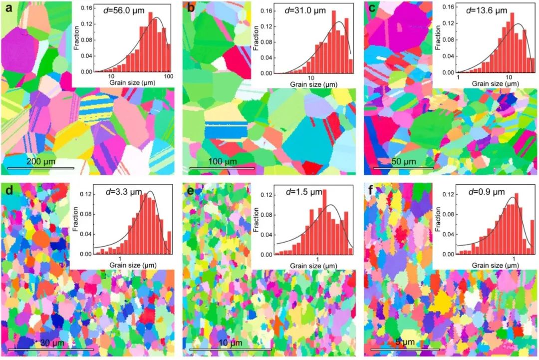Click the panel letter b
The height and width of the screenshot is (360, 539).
point(190,8)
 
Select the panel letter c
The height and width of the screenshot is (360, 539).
point(371,8)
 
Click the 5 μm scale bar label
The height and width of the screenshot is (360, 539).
point(405,344)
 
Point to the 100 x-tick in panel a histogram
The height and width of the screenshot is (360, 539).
point(168,76)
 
